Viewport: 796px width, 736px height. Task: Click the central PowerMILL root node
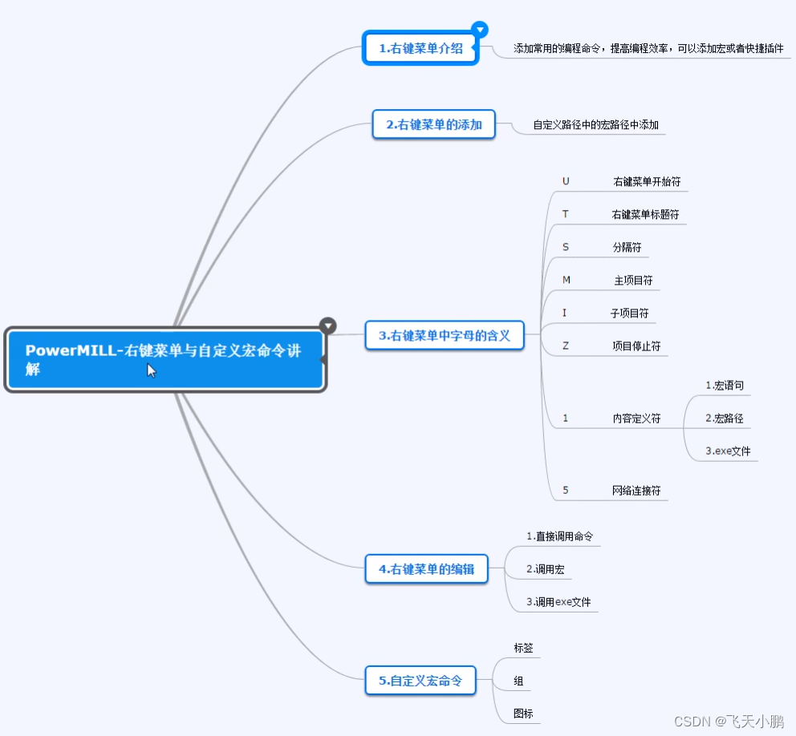point(164,359)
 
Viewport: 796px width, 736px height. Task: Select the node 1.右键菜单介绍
point(420,48)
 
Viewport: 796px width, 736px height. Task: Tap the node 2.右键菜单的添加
point(433,124)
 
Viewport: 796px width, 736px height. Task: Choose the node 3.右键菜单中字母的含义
point(445,335)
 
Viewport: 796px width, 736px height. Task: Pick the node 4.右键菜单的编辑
point(426,569)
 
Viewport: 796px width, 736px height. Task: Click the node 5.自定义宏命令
point(420,681)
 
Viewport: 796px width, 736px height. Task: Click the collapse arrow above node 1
point(480,30)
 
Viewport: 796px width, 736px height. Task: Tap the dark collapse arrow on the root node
point(327,326)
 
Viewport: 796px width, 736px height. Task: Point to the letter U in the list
point(566,181)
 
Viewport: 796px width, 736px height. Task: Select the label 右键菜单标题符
point(646,215)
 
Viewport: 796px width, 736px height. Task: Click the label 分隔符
point(627,248)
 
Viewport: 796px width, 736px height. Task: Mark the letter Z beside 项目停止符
point(566,346)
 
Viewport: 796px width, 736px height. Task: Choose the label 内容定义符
point(636,418)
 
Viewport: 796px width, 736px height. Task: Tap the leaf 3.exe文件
point(728,451)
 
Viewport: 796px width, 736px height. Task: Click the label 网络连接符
point(636,491)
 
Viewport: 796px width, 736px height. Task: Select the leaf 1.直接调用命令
point(559,536)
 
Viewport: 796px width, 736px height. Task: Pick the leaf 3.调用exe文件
point(558,602)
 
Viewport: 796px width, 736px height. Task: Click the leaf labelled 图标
point(523,714)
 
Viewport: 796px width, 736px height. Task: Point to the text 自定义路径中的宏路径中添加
point(595,125)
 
